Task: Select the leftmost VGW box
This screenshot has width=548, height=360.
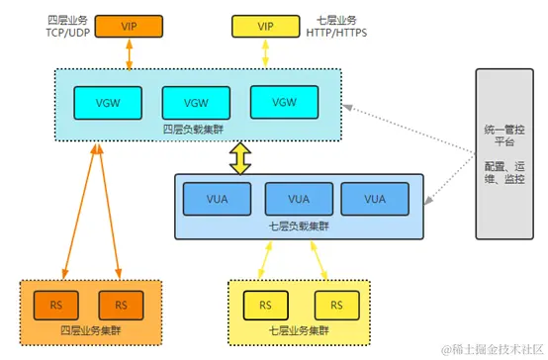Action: [x=104, y=102]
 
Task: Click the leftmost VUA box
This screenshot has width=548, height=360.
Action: [x=217, y=199]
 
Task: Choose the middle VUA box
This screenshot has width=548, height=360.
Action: [x=296, y=199]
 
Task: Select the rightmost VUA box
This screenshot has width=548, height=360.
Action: [x=375, y=199]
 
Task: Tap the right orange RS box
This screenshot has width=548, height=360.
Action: [x=122, y=303]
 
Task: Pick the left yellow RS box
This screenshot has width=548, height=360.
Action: [x=265, y=303]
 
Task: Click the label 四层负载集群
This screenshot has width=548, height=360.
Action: [x=194, y=129]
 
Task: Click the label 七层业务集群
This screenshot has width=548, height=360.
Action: [x=299, y=329]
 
